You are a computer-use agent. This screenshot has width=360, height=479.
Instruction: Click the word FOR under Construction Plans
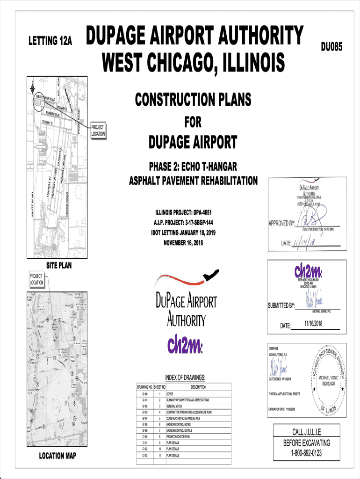(x=193, y=123)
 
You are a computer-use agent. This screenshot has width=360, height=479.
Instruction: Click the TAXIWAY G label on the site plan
(x=47, y=122)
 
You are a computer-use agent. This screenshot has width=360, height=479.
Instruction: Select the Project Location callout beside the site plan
(x=98, y=131)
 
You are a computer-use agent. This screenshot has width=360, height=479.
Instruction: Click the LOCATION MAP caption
(x=58, y=456)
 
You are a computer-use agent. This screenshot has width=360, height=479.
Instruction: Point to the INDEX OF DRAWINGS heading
(x=185, y=377)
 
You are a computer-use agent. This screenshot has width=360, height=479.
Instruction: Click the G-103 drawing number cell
(x=145, y=412)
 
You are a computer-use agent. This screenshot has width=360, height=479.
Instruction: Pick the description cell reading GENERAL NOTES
(x=175, y=406)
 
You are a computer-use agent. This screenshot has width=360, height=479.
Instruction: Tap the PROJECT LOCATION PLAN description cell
(x=178, y=436)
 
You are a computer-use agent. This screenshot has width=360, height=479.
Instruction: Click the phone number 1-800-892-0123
(x=306, y=453)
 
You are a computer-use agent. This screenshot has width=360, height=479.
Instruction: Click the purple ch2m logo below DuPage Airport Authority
(x=185, y=346)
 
